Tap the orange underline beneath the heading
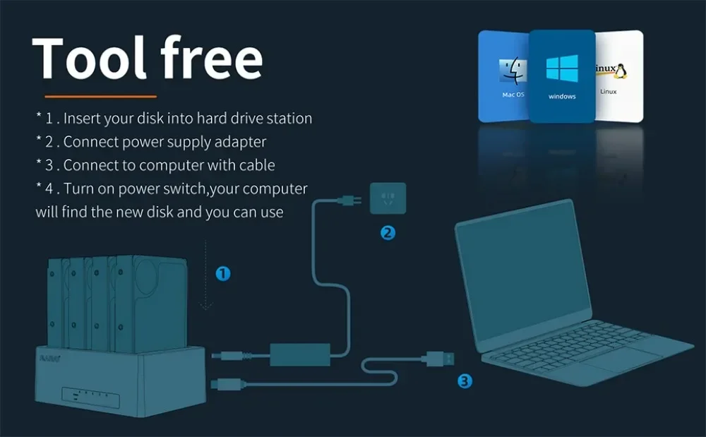pos(100,96)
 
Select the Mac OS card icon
pos(513,73)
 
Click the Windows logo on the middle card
pos(561,68)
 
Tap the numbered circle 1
pos(222,274)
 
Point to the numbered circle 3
pos(465,381)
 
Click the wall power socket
pos(388,199)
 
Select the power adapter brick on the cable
pos(300,353)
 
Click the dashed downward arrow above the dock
pos(206,275)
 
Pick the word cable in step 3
pos(256,165)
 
